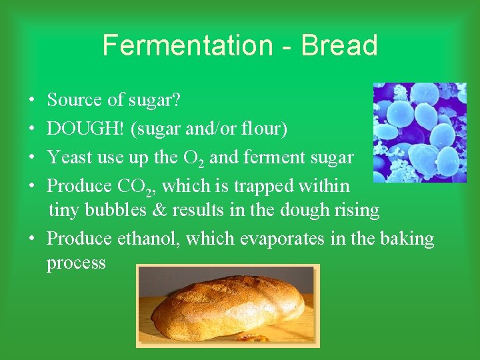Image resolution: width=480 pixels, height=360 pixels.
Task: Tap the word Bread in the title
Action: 339,46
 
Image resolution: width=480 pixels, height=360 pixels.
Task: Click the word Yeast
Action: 67,157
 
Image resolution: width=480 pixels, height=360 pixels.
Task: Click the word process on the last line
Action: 76,263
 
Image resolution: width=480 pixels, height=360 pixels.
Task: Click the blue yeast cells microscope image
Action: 419,132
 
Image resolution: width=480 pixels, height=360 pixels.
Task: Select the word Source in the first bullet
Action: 74,100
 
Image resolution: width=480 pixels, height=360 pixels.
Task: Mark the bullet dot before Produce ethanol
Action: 32,239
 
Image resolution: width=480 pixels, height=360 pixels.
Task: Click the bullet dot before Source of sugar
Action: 32,101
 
